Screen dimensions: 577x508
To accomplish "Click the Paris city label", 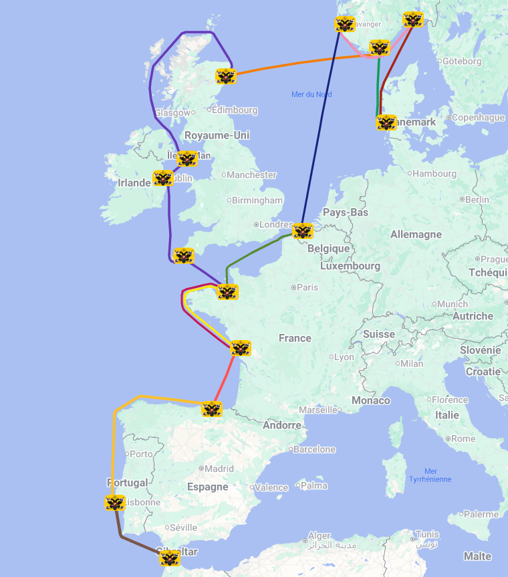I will coord(307,287).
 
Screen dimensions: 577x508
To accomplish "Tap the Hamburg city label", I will coord(434,173).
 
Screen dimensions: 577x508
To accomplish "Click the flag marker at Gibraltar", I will coord(170,558).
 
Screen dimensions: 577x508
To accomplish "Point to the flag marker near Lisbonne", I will coord(115,503).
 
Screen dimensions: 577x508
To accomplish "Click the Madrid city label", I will coord(219,469).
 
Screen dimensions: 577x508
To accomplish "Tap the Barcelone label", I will coord(314,449).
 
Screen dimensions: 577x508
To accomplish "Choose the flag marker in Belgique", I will coord(303,232).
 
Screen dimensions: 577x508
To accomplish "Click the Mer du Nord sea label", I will coord(311,94).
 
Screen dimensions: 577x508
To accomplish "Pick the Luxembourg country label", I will coord(350,266).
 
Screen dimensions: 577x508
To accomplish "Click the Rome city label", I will coord(463,438).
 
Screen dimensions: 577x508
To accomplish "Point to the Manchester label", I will coord(251,175).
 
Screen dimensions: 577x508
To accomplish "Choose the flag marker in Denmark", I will coord(386,122).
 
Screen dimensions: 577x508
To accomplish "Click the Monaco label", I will coord(371,400).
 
